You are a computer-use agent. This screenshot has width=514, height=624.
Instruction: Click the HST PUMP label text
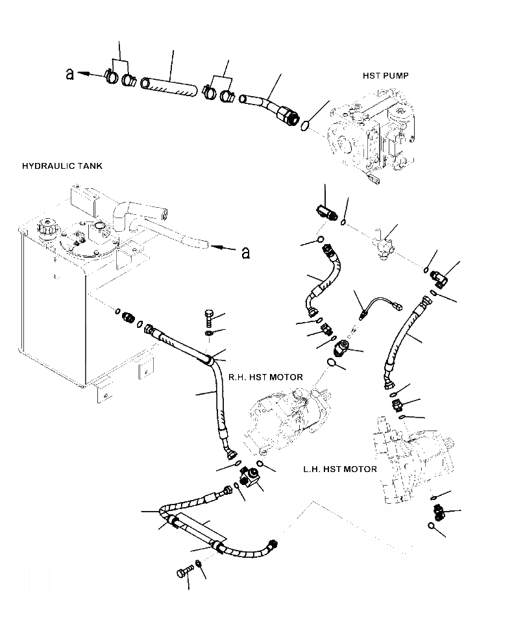385,76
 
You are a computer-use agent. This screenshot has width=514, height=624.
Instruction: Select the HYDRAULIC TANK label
62,166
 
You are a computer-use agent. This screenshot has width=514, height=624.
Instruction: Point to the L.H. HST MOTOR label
340,469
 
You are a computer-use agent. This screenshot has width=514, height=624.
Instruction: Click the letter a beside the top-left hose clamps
69,75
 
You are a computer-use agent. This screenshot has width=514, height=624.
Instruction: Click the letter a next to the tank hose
245,251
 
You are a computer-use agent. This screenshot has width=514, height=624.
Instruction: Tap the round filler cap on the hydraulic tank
48,230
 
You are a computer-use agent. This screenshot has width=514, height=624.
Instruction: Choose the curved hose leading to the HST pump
266,106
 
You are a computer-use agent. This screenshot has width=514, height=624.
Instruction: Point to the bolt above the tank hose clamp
207,318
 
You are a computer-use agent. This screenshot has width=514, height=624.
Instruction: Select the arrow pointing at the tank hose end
224,247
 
